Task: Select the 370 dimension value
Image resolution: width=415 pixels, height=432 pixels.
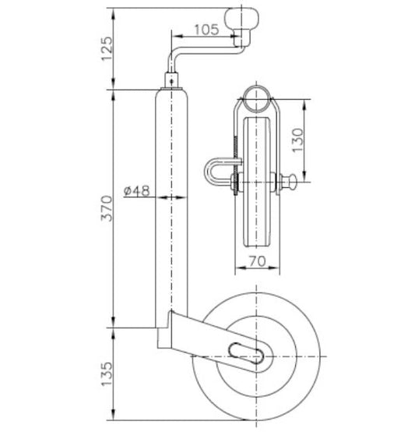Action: click(107, 208)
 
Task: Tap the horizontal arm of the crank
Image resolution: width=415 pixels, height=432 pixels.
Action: click(204, 51)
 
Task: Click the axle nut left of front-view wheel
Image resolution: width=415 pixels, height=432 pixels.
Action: click(233, 185)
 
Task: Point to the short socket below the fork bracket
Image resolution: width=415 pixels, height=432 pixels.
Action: click(165, 340)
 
